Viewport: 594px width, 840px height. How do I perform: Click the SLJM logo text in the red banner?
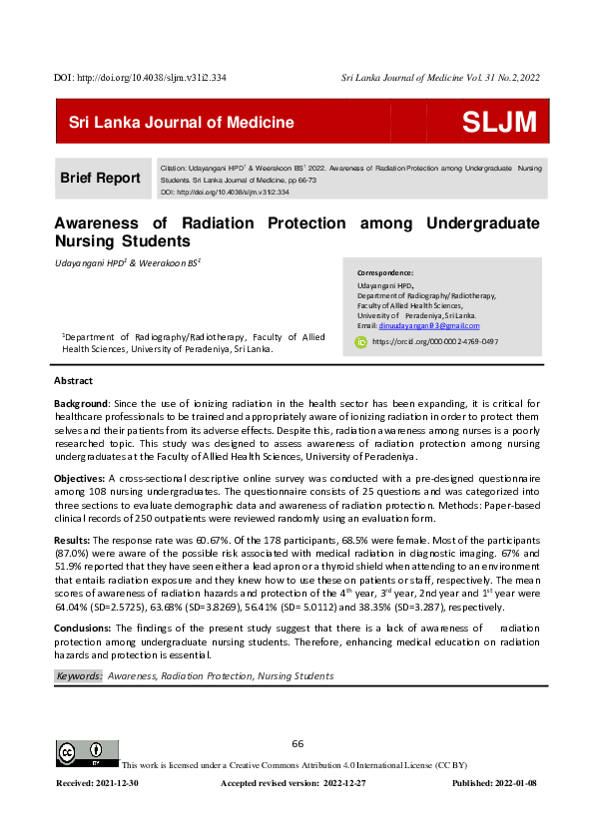(x=499, y=123)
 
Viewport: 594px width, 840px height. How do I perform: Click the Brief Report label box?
(x=101, y=178)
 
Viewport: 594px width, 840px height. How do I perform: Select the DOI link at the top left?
(x=141, y=76)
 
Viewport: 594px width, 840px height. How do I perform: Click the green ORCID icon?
(x=362, y=342)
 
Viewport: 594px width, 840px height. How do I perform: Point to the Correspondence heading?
(x=384, y=272)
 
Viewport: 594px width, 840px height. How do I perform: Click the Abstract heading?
(x=73, y=381)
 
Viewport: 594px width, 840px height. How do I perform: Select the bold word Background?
(x=81, y=402)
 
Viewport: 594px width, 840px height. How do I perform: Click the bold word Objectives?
(x=79, y=480)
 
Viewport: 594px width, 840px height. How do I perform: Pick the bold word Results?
(x=71, y=539)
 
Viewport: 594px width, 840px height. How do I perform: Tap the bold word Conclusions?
(x=82, y=628)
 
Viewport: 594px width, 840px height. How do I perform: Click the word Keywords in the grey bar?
(x=79, y=676)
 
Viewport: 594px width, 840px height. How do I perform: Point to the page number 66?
(x=297, y=744)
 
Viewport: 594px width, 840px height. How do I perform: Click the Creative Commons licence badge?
(x=88, y=754)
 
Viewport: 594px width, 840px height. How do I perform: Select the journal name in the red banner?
(x=181, y=123)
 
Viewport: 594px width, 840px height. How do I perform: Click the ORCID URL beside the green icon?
(x=435, y=342)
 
